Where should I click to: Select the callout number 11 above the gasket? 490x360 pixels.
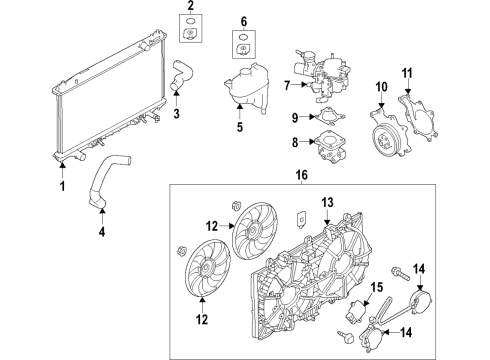tap(407, 74)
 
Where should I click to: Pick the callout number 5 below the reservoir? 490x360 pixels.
tap(238, 127)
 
